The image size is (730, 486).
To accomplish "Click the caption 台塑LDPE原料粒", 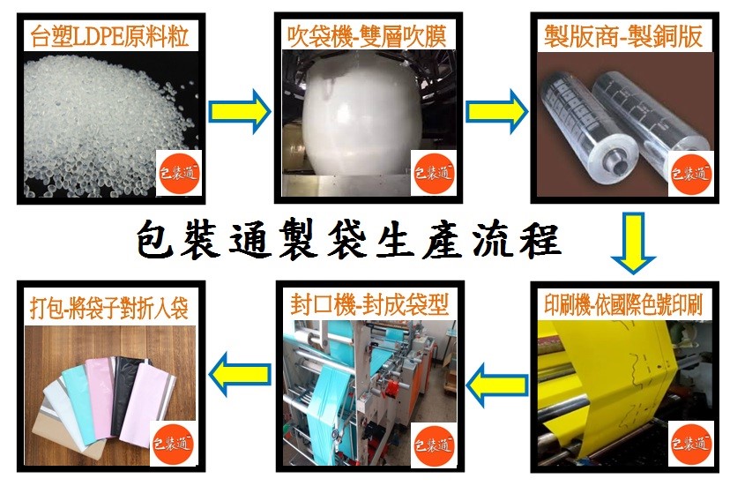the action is [110, 36].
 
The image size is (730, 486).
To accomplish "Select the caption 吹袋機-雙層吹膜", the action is [367, 37].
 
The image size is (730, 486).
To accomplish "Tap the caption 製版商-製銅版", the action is [623, 36].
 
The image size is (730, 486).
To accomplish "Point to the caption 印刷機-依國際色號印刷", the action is [623, 305].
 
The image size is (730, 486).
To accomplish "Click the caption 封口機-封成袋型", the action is [369, 304].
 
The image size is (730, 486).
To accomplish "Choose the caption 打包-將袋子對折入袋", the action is [109, 308].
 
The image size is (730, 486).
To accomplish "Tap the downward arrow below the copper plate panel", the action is [633, 243].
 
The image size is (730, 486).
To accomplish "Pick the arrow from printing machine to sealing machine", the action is [496, 385].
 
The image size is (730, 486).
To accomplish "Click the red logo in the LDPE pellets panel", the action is [179, 173].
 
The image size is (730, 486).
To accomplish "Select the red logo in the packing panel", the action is [173, 444].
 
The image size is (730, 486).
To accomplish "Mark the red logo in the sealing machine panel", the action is [434, 445].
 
